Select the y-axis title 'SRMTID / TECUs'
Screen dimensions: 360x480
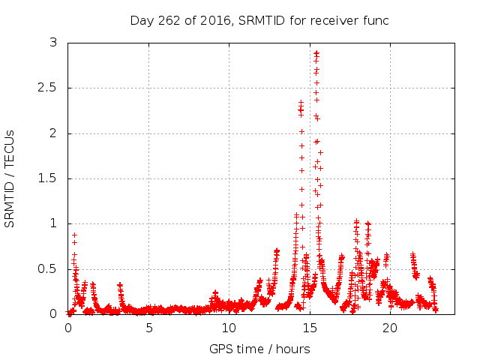[10, 178]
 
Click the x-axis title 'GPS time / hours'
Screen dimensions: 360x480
[259, 349]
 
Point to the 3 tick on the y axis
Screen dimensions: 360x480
[53, 43]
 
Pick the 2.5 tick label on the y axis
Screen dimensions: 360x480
[49, 88]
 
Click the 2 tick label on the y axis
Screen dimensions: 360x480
[53, 133]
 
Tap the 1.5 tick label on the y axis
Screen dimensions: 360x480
[49, 178]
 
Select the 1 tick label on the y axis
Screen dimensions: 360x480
[53, 223]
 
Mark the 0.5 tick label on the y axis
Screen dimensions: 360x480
[49, 268]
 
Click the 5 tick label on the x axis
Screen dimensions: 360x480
[148, 328]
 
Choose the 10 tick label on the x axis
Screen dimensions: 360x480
[229, 328]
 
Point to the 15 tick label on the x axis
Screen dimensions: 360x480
[309, 328]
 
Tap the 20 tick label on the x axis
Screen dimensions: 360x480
[389, 328]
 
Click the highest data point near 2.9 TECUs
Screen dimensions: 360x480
[316, 52]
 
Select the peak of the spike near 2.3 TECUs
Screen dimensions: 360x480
[301, 103]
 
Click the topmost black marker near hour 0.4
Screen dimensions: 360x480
[74, 235]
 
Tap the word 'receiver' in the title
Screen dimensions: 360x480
[333, 20]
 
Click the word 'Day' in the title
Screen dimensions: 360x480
[140, 20]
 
